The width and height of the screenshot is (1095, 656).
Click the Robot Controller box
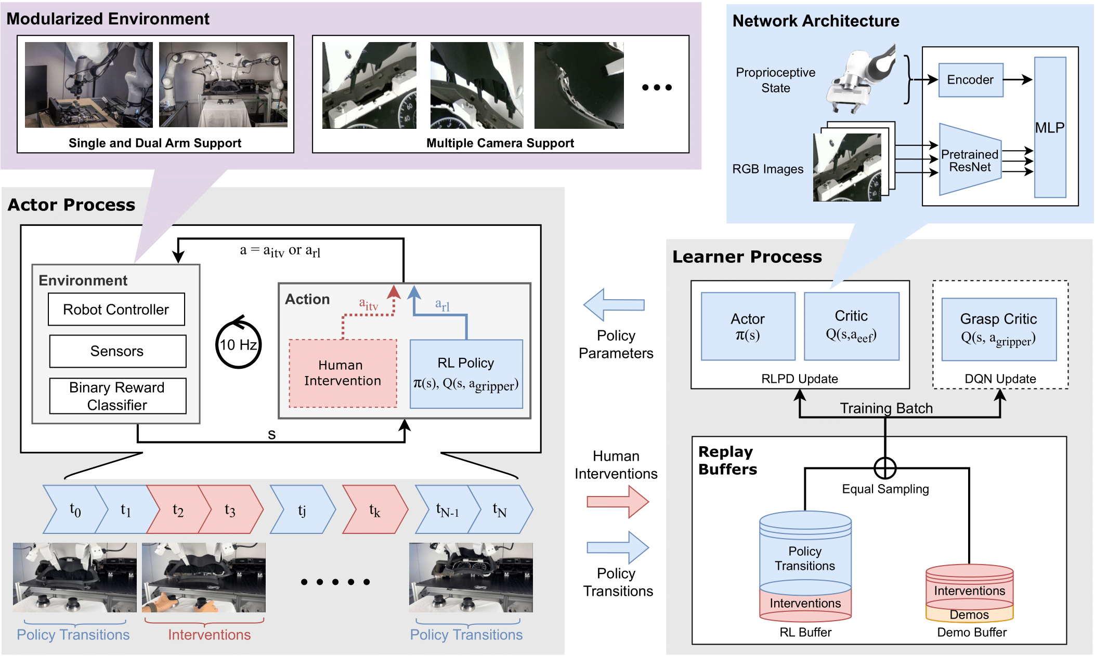click(116, 310)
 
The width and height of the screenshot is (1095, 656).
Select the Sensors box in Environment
click(118, 351)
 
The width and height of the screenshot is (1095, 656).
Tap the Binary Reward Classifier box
click(118, 396)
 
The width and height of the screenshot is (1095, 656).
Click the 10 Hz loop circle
click(238, 345)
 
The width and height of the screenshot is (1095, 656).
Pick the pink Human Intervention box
click(343, 373)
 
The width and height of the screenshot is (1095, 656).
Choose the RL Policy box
click(466, 374)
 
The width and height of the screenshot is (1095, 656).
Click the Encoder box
click(970, 80)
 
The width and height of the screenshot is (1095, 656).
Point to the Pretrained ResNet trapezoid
click(970, 160)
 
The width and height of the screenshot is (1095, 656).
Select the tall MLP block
click(1050, 128)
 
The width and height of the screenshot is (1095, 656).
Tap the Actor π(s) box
click(748, 326)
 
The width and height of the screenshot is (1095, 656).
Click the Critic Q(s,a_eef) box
click(851, 326)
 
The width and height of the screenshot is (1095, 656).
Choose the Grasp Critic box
click(998, 329)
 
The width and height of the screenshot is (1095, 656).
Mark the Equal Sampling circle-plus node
click(885, 468)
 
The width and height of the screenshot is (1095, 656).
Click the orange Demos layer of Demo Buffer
click(969, 615)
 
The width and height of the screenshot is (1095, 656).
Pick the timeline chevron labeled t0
click(75, 510)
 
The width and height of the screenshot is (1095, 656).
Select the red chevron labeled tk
click(374, 510)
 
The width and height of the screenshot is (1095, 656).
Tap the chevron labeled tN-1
click(447, 510)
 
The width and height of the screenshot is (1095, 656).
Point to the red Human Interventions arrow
click(618, 502)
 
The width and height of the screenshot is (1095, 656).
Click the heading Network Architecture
click(815, 21)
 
